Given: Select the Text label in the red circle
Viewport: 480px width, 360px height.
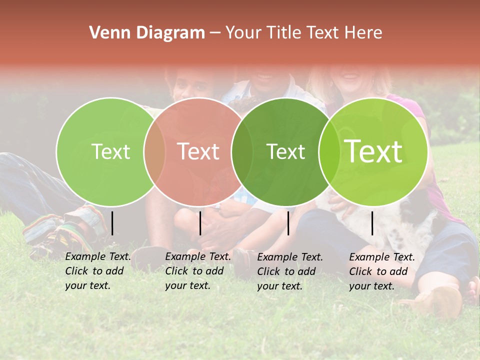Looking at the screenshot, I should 198,151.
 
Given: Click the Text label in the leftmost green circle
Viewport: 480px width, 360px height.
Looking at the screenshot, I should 110,151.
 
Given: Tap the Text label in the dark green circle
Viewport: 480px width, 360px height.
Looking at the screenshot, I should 285,151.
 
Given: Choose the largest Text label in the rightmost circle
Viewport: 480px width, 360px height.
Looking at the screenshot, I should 373,151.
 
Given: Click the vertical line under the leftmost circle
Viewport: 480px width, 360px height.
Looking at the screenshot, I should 112,223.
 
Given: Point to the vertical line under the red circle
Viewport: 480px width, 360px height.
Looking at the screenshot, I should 200,223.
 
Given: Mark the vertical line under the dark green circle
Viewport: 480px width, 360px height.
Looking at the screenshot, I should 288,223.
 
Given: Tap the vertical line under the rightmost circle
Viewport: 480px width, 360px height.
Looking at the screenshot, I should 372,223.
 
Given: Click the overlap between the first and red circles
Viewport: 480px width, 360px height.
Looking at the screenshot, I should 154,151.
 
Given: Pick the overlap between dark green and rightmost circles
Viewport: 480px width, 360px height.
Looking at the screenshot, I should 329,151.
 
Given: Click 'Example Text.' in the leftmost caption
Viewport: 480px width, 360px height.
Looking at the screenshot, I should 98,256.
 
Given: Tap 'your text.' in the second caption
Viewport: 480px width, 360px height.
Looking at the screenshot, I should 188,285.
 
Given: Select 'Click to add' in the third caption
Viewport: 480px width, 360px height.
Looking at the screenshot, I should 286,271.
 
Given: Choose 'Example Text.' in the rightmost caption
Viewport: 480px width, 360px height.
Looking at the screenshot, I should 382,257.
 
